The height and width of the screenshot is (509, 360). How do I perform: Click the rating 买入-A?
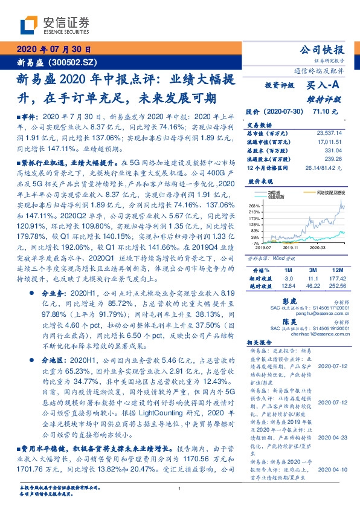(325, 86)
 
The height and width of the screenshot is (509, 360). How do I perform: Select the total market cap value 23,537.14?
(329, 132)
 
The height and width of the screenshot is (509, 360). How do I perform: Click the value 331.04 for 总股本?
(333, 149)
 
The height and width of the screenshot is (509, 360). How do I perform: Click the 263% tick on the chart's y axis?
(254, 206)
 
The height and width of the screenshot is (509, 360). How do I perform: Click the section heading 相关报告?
(260, 341)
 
